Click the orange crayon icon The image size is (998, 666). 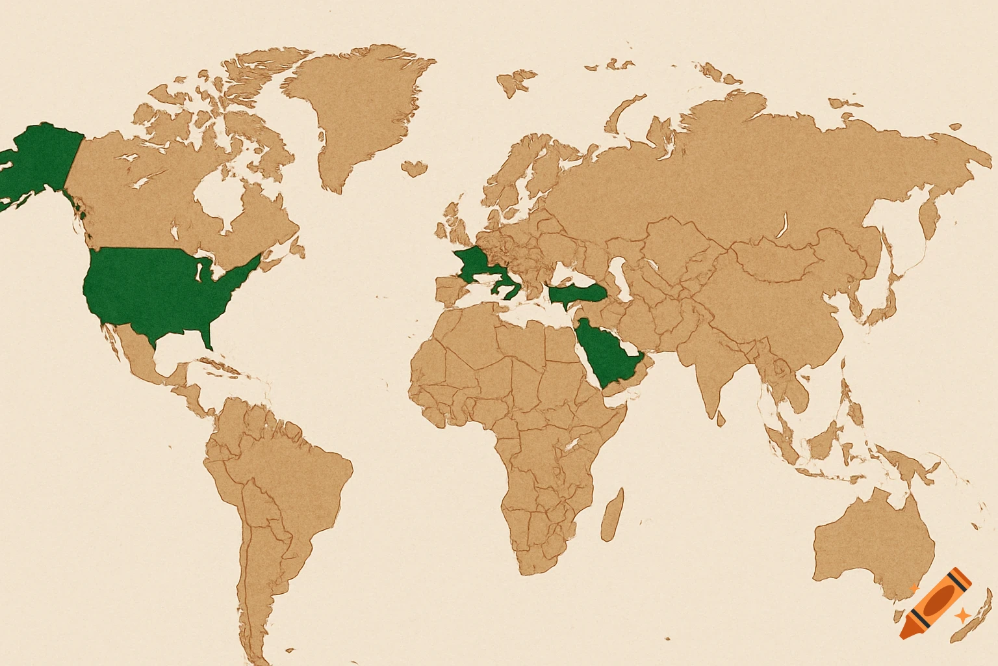[936, 603]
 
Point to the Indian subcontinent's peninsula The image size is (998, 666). [711, 377]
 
